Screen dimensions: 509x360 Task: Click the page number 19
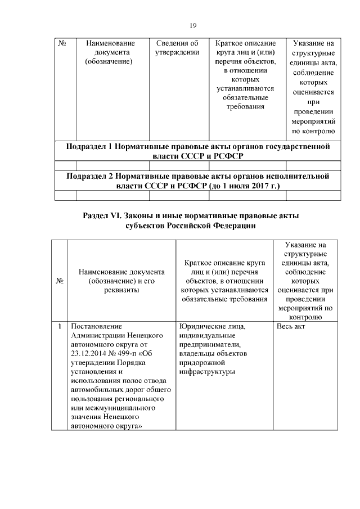click(x=192, y=25)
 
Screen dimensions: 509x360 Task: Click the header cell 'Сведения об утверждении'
click(x=177, y=48)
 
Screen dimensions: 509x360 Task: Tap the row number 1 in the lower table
click(x=59, y=326)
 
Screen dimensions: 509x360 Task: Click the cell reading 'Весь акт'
click(x=291, y=326)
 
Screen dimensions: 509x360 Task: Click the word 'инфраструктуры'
click(x=207, y=371)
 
